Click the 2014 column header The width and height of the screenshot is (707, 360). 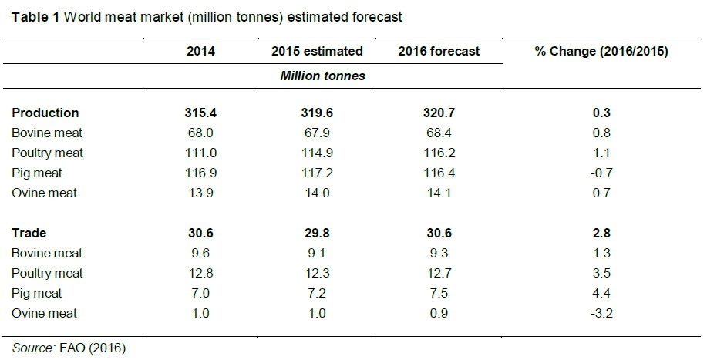coord(201,52)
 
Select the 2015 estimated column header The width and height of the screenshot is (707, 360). coord(317,52)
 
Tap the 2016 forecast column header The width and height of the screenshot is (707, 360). coord(439,52)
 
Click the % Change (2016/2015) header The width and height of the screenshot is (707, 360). coord(601,52)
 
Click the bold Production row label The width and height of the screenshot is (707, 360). coord(45,113)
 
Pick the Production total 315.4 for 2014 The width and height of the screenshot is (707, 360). coord(201,113)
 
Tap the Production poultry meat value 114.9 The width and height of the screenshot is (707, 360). coord(317,153)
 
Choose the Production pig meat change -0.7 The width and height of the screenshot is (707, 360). coord(601,173)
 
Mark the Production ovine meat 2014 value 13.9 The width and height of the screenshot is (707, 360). coord(201,193)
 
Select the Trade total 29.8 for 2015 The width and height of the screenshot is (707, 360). coord(317,233)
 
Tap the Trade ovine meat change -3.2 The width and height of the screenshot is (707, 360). coord(601,313)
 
